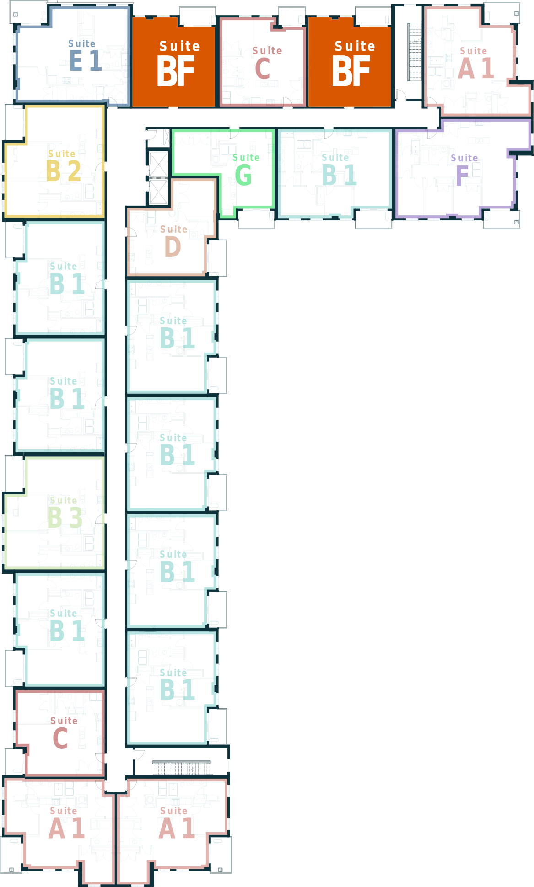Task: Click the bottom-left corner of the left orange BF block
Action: tap(132, 107)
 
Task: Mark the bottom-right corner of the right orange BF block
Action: tap(391, 107)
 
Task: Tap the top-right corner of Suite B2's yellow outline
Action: tap(104, 106)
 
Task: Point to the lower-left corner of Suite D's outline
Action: tap(128, 276)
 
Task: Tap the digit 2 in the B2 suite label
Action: tap(75, 171)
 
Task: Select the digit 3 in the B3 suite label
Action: tap(76, 518)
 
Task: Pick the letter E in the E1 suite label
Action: tap(76, 60)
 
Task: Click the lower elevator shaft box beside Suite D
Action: tap(158, 192)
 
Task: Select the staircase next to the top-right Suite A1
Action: tap(415, 52)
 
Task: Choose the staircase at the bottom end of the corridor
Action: tap(182, 768)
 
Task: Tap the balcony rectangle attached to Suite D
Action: tap(217, 258)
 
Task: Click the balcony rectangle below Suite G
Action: tap(256, 218)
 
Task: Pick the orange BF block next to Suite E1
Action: tap(174, 62)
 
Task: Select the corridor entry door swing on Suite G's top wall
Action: tap(234, 134)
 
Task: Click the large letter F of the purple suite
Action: tap(462, 176)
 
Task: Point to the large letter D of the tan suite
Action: tap(173, 247)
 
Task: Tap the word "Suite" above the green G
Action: tap(246, 158)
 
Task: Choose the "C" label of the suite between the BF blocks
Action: tap(263, 69)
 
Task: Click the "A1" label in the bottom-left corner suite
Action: tap(67, 828)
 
